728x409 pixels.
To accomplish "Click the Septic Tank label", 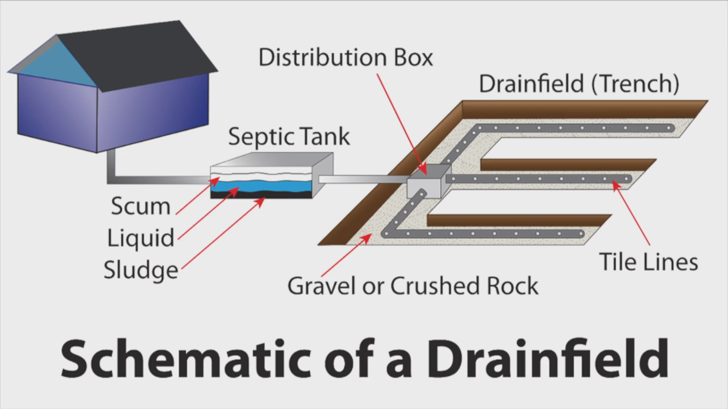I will point(289,137).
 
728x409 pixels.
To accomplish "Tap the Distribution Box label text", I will point(345,58).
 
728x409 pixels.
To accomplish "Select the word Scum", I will point(141,206).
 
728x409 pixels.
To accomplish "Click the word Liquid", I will point(141,238).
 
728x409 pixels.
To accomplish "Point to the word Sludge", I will point(141,270).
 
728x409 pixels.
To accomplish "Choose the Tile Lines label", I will point(648,262).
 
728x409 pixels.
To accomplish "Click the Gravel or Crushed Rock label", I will point(413,286).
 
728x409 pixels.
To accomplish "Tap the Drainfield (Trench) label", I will point(579,84).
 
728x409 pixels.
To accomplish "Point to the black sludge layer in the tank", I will point(262,195).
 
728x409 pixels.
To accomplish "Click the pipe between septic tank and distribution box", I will point(360,180).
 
